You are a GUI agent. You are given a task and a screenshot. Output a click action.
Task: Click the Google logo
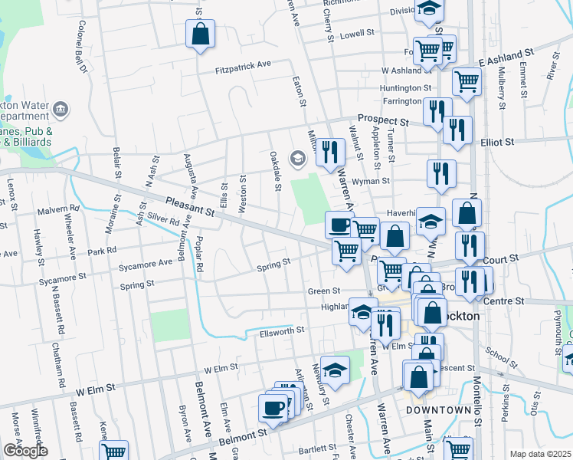(25, 450)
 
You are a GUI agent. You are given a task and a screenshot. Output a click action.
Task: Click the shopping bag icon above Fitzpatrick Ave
(200, 34)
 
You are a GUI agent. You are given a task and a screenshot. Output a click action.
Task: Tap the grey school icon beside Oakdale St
(297, 159)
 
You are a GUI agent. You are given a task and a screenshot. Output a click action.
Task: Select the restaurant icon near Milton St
(330, 152)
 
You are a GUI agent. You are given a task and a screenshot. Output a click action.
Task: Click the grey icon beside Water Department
(62, 110)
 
